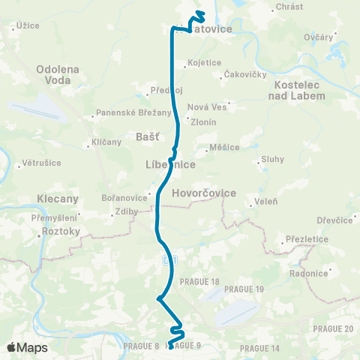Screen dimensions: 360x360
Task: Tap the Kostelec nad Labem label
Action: pos(300,90)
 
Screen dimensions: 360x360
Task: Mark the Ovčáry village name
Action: pos(319,36)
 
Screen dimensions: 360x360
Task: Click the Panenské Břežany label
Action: pos(121,115)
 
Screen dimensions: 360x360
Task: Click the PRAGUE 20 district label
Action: pos(332,328)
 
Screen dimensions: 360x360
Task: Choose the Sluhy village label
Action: pos(272,159)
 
